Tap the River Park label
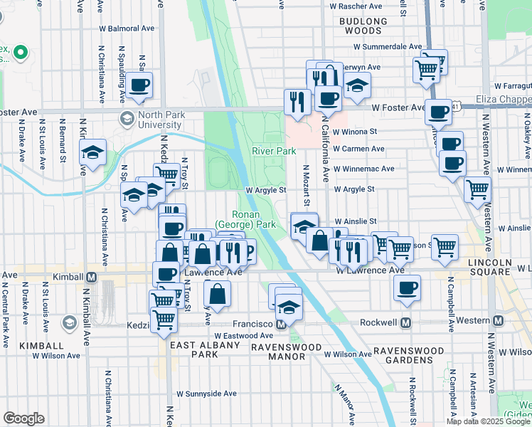point(274,151)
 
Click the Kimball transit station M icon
point(91,276)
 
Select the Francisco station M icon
point(282,324)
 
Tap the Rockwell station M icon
point(406,322)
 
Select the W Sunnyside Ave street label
point(206,393)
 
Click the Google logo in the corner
point(23,418)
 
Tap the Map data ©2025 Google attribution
point(489,421)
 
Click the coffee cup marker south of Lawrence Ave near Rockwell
point(408,288)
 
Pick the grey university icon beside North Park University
point(127,117)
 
